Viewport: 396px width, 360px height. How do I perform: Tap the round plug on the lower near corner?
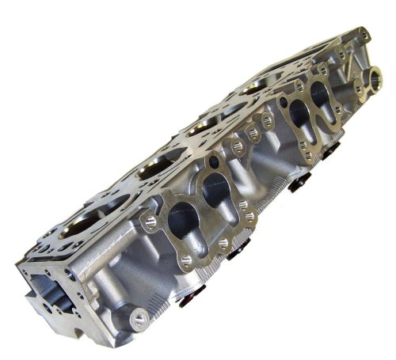point(141,321)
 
